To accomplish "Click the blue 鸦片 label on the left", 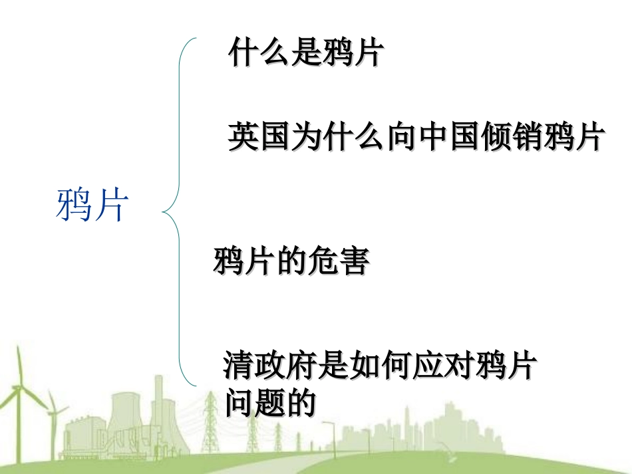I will [x=92, y=205].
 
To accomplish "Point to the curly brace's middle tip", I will [x=164, y=213].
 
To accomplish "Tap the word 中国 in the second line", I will [x=447, y=138].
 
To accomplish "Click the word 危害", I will [x=338, y=262].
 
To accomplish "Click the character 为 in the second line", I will [x=305, y=138].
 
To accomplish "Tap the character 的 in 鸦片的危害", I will [x=291, y=262].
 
